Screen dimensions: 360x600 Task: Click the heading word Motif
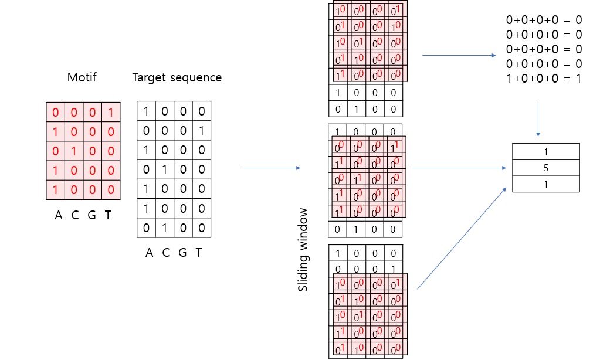[x=83, y=77]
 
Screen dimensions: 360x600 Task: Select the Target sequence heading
[x=177, y=77]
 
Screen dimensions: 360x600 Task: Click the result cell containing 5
[x=546, y=168]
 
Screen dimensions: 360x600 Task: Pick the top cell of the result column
[x=546, y=152]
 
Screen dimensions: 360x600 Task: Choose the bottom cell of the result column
[x=546, y=184]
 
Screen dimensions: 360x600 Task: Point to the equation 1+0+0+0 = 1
[x=543, y=79]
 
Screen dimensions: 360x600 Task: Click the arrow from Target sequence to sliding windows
[x=271, y=168]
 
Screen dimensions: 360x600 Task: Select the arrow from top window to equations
[x=459, y=56]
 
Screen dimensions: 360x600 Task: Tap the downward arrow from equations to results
[x=538, y=120]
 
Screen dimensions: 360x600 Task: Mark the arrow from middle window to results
[x=459, y=168]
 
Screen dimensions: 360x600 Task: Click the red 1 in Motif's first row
[x=111, y=111]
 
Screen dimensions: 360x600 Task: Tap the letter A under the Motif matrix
[x=58, y=216]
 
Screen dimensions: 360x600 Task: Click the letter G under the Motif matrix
[x=91, y=216]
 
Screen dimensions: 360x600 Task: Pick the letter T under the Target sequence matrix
[x=199, y=253]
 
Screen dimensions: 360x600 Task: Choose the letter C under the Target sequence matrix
[x=165, y=253]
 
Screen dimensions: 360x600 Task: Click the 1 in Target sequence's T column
[x=201, y=131]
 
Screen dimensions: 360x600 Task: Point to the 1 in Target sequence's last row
[x=167, y=227]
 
